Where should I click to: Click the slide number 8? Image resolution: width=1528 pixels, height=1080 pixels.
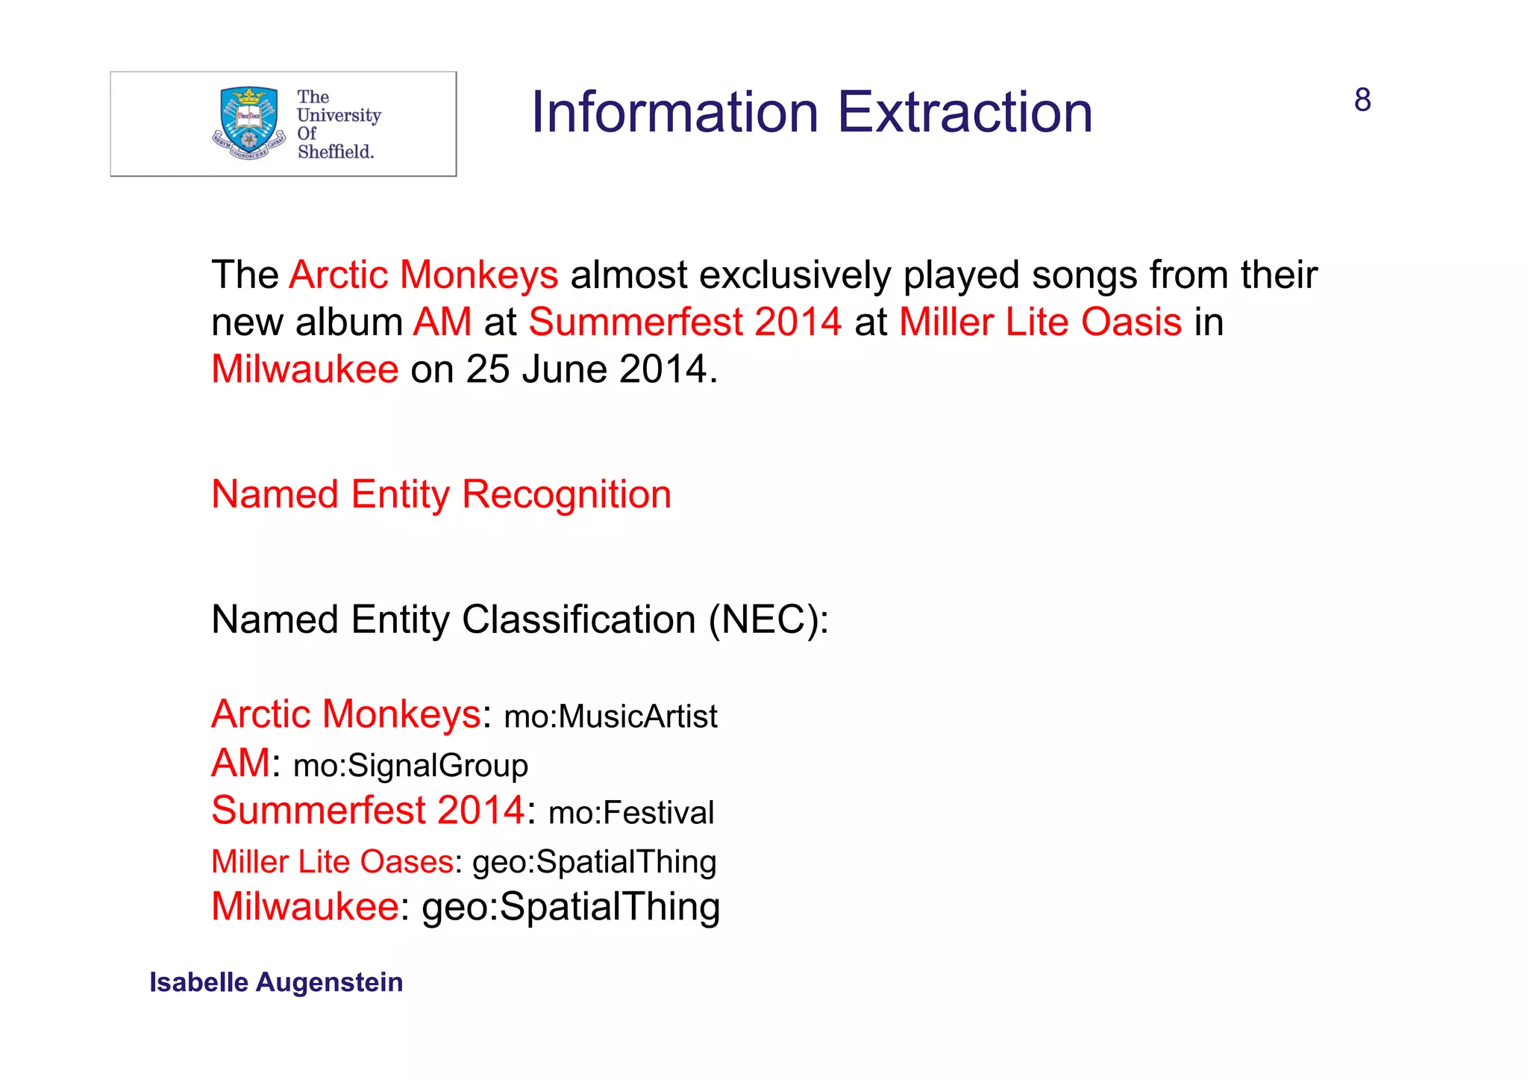1362,100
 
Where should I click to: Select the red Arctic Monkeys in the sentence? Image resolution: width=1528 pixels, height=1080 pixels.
423,275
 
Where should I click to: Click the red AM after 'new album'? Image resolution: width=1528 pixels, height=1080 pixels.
442,322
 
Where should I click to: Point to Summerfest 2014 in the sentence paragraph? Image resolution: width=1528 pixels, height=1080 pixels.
685,322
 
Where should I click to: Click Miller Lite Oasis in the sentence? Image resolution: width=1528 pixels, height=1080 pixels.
1040,322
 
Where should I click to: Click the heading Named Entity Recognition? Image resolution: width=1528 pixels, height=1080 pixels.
441,495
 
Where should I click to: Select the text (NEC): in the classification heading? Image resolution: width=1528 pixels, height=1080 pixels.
768,619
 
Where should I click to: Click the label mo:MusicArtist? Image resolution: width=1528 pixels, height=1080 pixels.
610,717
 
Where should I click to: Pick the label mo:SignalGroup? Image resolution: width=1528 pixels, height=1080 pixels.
410,766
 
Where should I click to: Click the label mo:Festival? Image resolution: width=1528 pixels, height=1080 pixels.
631,813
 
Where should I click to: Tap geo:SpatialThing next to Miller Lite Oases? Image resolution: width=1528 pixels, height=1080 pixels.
594,862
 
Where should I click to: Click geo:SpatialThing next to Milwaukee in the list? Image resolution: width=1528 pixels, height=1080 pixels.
571,907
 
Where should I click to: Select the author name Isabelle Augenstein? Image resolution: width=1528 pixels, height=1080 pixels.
276,982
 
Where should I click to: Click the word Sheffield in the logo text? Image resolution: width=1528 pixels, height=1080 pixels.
335,152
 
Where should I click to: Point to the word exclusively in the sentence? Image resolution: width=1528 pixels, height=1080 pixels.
795,275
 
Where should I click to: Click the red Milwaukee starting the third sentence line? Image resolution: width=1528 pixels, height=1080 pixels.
304,369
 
